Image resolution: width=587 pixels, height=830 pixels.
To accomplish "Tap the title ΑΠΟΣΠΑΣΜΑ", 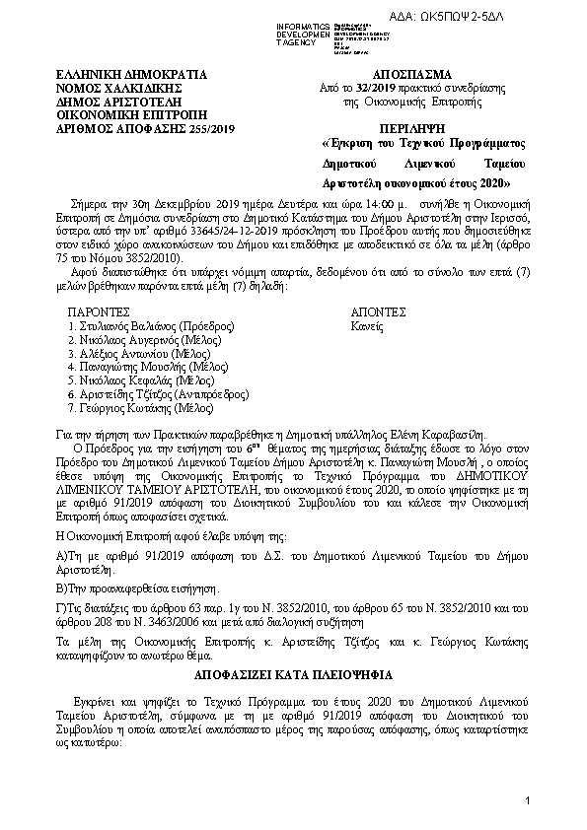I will click(412, 74).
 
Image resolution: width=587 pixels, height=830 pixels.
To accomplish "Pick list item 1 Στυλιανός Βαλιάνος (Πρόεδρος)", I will click(150, 324).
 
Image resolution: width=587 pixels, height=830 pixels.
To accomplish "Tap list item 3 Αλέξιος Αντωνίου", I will click(132, 352).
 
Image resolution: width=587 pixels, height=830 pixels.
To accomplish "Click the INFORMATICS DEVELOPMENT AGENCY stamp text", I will click(302, 31).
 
